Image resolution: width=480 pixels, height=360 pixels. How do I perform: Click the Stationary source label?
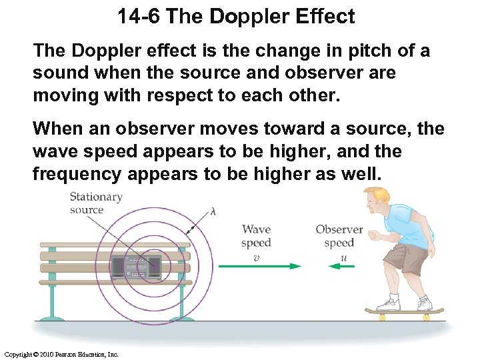tap(95, 203)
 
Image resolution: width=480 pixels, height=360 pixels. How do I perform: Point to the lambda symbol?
tap(213, 211)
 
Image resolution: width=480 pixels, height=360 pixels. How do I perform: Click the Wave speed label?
tap(256, 236)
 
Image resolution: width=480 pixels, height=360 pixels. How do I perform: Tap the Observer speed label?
tap(339, 236)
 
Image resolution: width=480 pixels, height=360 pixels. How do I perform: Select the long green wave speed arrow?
tap(259, 266)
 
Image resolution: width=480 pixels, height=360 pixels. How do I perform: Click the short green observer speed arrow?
tap(341, 266)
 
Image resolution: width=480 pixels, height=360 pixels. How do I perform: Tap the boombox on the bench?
tap(136, 266)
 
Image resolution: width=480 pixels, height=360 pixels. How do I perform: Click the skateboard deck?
tap(403, 311)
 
